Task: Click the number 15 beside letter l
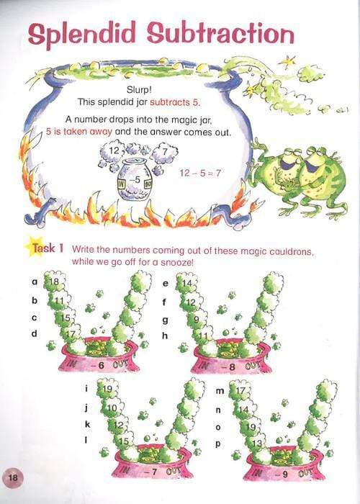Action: pyautogui.click(x=125, y=441)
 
